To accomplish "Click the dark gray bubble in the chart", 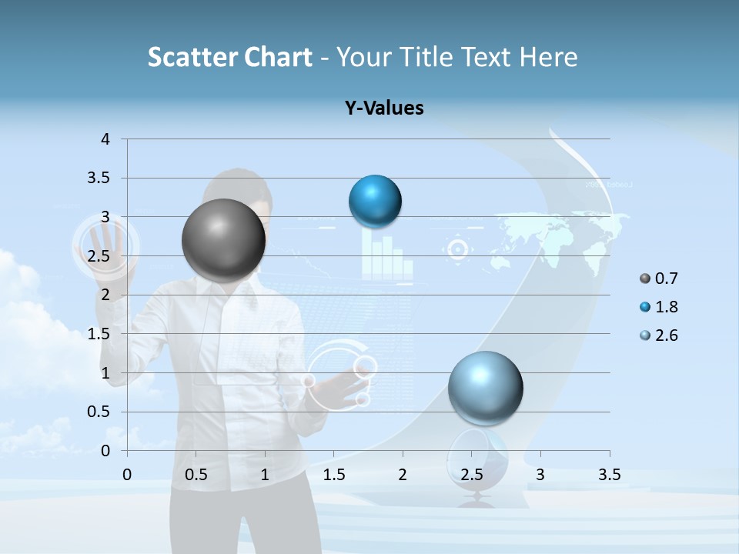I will click(x=224, y=240).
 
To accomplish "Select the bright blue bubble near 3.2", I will click(x=375, y=201).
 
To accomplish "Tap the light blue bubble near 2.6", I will click(x=485, y=388).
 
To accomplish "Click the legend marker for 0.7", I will click(x=644, y=279).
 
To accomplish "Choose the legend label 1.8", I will click(x=667, y=307).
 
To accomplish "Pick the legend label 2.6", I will click(x=667, y=335).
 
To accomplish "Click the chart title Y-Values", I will click(x=384, y=108).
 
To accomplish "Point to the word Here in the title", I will click(x=547, y=57).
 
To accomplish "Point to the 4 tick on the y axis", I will click(x=106, y=139).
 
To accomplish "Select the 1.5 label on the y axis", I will click(x=100, y=334).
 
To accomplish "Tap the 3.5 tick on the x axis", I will click(x=609, y=475).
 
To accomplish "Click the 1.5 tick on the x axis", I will click(x=334, y=475).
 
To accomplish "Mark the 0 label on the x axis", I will click(x=128, y=475).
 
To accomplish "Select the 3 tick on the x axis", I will click(x=540, y=475).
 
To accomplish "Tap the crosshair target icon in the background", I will click(x=458, y=249).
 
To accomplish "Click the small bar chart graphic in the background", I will click(x=383, y=256).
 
